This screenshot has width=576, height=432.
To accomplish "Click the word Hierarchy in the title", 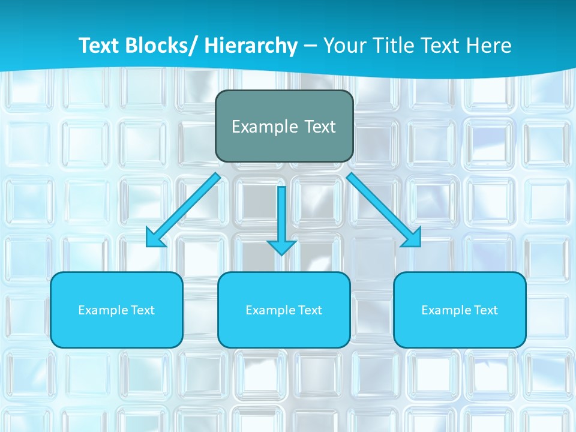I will point(251,46).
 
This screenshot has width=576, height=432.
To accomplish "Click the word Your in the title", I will point(345,46).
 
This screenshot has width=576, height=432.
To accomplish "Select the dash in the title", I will point(310,47).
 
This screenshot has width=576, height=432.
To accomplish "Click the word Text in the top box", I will point(320,127).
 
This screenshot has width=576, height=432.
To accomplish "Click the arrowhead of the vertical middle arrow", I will point(281,247).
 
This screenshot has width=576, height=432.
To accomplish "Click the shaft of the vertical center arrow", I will point(281,210).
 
